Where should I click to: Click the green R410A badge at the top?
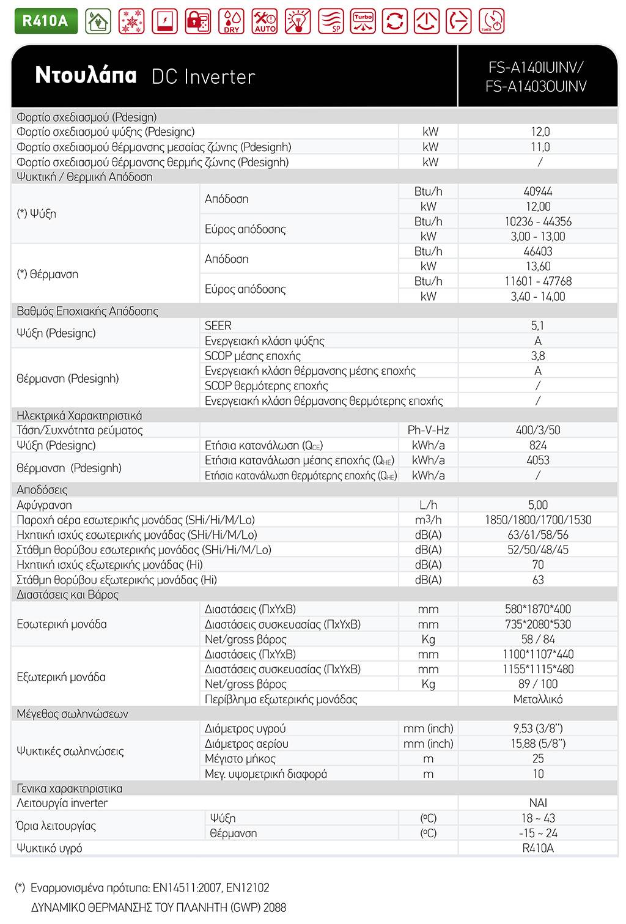(x=40, y=20)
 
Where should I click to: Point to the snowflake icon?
(x=130, y=21)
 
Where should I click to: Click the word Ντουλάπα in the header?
(x=86, y=75)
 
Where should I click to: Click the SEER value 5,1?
(x=537, y=326)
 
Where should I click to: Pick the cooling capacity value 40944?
(x=537, y=191)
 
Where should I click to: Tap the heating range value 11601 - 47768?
(x=537, y=281)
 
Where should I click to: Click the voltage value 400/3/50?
(x=537, y=431)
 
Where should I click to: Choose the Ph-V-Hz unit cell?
(x=428, y=431)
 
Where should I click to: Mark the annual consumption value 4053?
(x=537, y=460)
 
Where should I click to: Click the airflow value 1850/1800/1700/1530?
(x=537, y=520)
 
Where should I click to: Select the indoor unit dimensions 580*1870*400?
(x=537, y=609)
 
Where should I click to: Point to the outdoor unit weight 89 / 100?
(x=537, y=684)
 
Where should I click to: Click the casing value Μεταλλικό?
(x=537, y=699)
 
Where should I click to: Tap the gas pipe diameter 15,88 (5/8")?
(x=537, y=744)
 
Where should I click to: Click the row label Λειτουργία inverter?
(x=62, y=804)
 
